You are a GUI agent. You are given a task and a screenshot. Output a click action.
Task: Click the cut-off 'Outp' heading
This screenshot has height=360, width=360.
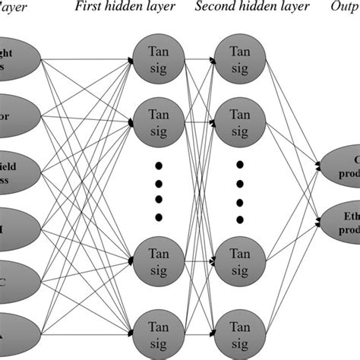pyautogui.click(x=346, y=8)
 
